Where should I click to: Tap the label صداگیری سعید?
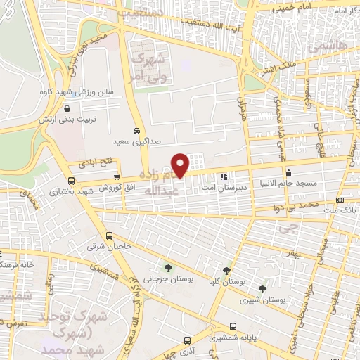click(136, 142)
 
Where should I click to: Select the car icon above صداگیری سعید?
click(136, 131)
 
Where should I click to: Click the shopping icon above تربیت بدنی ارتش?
click(67, 108)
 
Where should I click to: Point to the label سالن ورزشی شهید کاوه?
click(67, 93)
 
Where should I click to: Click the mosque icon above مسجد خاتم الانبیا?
click(288, 173)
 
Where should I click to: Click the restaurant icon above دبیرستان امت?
click(223, 177)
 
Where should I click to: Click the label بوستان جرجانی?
click(167, 278)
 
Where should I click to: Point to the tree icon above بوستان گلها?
click(226, 270)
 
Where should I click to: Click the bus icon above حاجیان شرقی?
click(109, 236)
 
